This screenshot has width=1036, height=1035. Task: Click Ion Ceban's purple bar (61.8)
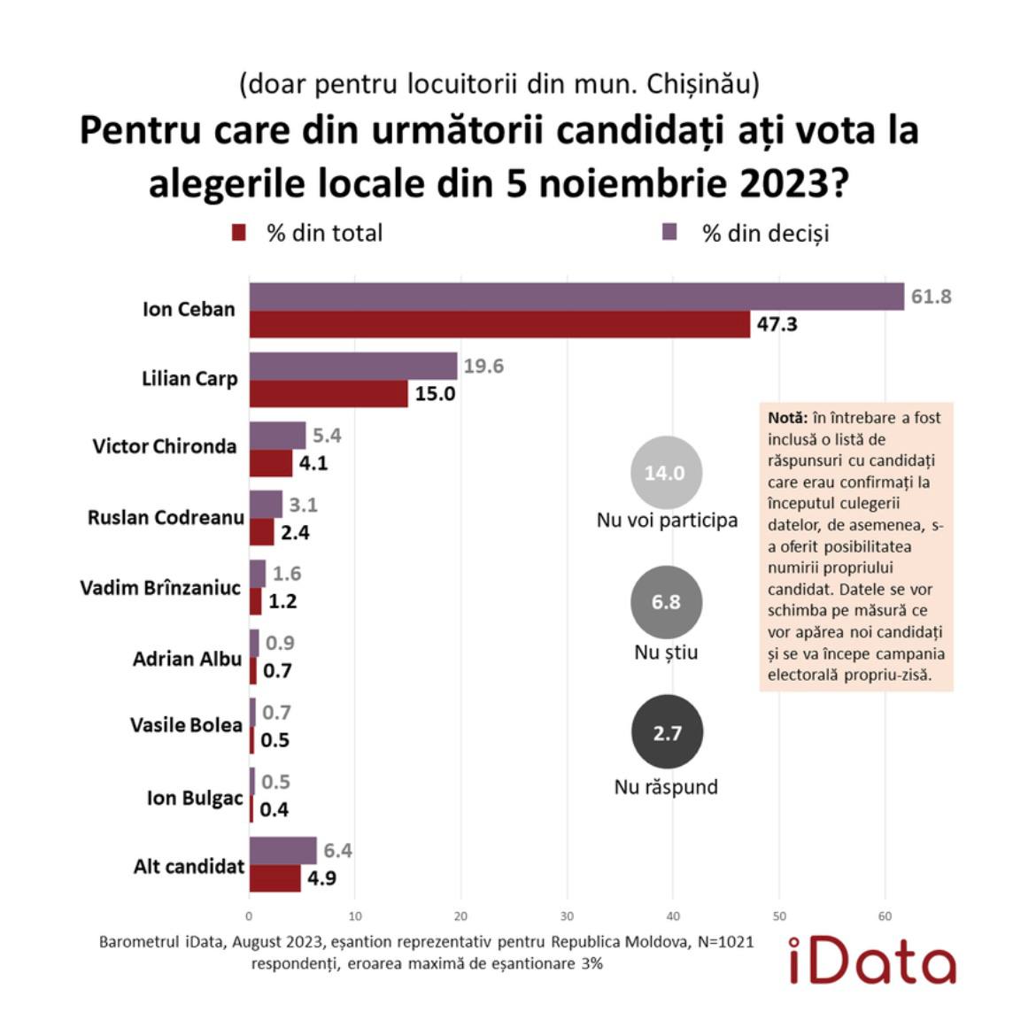pos(576,297)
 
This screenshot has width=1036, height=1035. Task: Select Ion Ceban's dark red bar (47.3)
pos(499,324)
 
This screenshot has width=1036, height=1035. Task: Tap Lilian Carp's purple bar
pos(352,366)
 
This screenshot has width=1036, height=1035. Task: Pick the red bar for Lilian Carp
pos(328,393)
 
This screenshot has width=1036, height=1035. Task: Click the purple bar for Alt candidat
pos(282,850)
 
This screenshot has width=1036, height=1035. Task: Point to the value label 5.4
pos(327,436)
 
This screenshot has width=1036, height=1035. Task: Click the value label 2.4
pos(295,532)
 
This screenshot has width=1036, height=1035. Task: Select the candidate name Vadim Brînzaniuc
pos(160,588)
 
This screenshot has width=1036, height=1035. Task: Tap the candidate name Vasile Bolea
pos(186,725)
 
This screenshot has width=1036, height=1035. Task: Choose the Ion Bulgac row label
pos(195,798)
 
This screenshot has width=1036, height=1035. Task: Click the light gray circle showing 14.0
pos(665,473)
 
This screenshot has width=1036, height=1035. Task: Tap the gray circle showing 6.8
pos(666,602)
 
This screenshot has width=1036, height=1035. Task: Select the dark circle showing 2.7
pos(667,733)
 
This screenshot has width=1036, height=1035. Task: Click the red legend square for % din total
pos(238,233)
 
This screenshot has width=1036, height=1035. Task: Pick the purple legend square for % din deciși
pos(670,232)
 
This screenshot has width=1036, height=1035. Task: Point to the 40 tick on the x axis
pos(673,916)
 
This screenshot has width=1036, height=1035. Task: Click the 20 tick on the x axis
pos(460,916)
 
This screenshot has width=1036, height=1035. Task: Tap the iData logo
pos(871,961)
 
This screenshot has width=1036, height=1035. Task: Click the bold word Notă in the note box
pos(787,418)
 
